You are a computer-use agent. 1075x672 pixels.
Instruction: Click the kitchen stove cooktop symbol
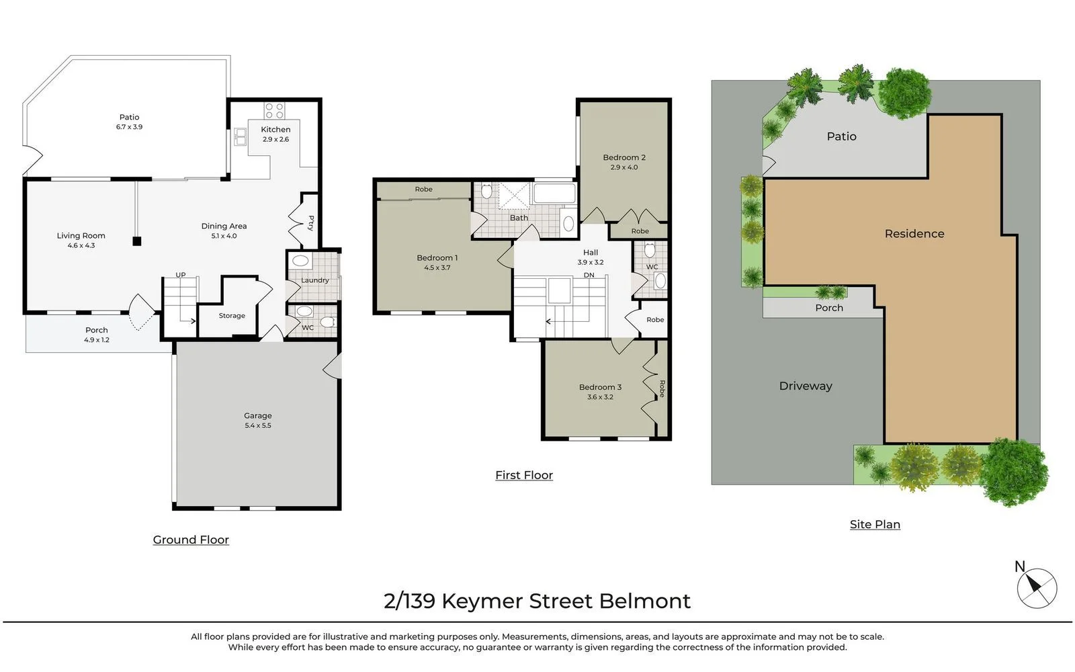[274, 111]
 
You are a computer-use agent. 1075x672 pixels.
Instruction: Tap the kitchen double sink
[241, 137]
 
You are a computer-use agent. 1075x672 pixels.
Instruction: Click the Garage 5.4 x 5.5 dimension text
[258, 425]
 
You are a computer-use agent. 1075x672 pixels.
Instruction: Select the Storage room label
[232, 316]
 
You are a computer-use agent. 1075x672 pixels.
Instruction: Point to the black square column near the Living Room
[137, 241]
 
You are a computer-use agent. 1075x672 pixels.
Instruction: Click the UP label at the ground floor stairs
[181, 275]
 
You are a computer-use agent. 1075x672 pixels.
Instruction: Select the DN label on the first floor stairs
[589, 276]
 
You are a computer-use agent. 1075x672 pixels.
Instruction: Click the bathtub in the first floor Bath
[554, 194]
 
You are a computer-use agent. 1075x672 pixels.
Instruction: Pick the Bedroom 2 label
[624, 157]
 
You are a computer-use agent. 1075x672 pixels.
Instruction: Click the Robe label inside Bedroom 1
[423, 190]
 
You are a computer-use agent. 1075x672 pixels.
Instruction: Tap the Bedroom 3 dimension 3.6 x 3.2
[600, 397]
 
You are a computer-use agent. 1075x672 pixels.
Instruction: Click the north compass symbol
[1036, 588]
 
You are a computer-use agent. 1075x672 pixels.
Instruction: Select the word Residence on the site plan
[914, 234]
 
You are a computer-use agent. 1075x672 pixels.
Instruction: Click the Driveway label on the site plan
[806, 386]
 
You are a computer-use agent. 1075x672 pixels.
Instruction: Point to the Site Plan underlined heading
[875, 524]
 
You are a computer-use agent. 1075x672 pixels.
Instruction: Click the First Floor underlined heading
[524, 475]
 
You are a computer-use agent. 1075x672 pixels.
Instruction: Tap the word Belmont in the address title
[644, 601]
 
